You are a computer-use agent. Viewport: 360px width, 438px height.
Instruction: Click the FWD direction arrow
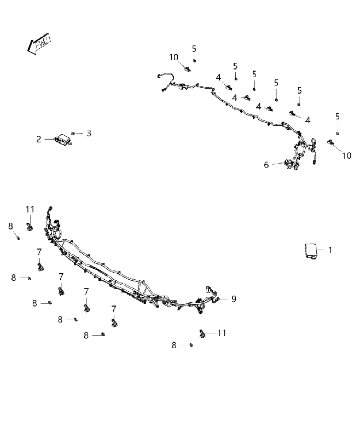click(x=39, y=43)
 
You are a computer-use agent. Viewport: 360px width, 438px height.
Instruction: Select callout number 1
click(x=330, y=250)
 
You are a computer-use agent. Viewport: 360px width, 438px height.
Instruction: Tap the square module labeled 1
click(x=311, y=251)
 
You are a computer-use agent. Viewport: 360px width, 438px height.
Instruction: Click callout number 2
click(x=39, y=139)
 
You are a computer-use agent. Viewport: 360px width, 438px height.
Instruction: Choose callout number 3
click(x=89, y=133)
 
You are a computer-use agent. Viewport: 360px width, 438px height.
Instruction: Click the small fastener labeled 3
click(x=73, y=134)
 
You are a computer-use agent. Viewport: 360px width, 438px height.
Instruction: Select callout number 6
click(x=266, y=165)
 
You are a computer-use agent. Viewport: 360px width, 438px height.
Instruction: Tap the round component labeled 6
click(x=288, y=163)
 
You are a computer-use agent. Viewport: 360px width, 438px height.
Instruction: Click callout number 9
click(x=234, y=299)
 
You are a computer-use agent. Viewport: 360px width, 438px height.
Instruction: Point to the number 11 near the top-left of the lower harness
click(x=30, y=209)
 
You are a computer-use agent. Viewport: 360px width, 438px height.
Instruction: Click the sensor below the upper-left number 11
click(x=29, y=227)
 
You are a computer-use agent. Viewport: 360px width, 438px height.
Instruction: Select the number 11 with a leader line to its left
click(x=222, y=333)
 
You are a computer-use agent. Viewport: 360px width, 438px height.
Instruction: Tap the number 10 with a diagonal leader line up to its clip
click(x=347, y=155)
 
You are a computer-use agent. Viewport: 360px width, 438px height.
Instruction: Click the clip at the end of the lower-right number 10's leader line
click(x=330, y=142)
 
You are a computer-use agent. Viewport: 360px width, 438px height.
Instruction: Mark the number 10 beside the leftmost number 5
click(x=173, y=57)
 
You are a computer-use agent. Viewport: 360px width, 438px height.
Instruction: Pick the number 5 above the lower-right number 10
click(x=338, y=117)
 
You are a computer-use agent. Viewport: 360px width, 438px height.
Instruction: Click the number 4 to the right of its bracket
click(x=308, y=120)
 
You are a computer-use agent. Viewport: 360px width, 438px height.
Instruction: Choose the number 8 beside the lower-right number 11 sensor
click(x=174, y=345)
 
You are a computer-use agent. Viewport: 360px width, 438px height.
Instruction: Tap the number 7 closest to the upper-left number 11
click(x=39, y=252)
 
